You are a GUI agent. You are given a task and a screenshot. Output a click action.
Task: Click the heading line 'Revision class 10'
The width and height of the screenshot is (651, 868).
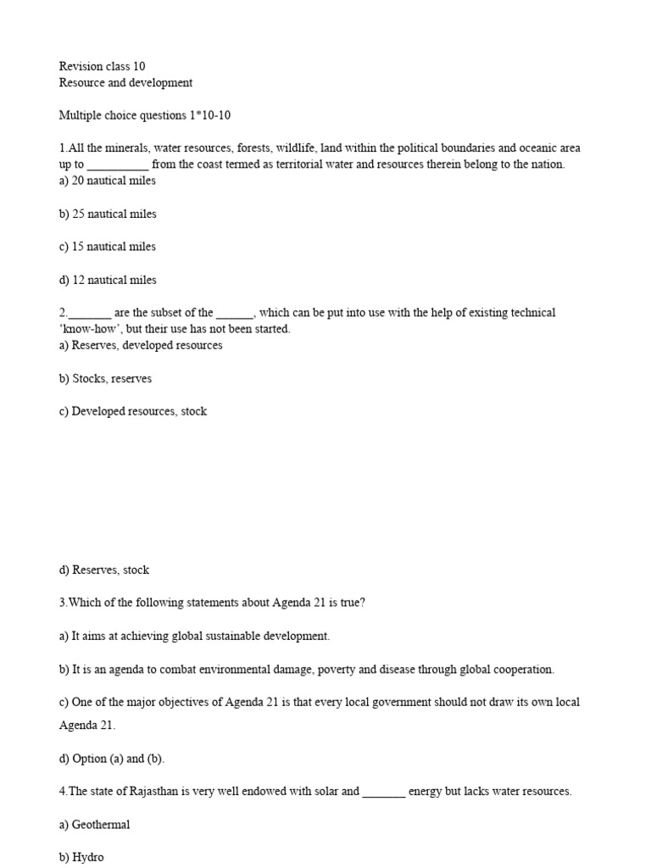[102, 66]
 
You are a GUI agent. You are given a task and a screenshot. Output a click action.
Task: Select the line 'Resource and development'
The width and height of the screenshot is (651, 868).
[125, 83]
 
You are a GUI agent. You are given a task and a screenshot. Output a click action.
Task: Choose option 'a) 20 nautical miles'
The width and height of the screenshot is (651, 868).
[108, 181]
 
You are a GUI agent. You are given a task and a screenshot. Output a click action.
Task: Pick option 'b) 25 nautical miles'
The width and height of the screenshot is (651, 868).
[108, 214]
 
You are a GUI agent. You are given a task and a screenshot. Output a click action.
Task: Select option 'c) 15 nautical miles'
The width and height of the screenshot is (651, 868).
[108, 247]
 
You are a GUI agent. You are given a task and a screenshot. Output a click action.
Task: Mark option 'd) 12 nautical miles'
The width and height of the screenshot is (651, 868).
[108, 280]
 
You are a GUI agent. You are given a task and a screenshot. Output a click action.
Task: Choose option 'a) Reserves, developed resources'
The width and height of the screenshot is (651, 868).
[141, 346]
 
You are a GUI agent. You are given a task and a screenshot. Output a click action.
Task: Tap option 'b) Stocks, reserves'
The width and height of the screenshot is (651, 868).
[105, 379]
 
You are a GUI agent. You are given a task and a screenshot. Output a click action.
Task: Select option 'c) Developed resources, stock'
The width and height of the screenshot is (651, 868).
[133, 412]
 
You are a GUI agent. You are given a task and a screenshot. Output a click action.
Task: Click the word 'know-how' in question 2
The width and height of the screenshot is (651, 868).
[90, 329]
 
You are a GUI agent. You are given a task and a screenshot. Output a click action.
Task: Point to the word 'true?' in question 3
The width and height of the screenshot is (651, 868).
[351, 604]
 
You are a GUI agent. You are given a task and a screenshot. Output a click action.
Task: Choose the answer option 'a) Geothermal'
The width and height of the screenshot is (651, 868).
[94, 825]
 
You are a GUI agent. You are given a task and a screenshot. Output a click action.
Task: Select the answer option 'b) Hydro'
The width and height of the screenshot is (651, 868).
[81, 857]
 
